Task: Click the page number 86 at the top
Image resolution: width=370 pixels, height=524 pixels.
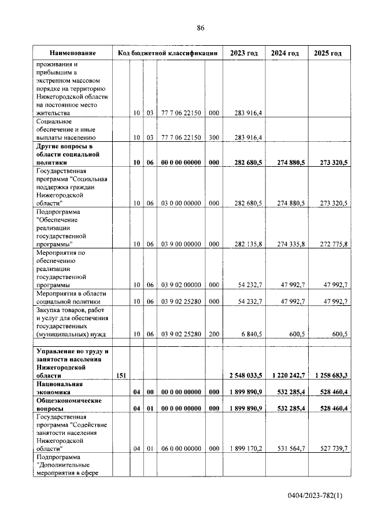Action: click(201, 27)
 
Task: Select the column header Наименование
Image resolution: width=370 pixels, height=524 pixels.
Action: click(72, 53)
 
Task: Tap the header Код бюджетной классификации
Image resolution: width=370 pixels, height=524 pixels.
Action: click(167, 53)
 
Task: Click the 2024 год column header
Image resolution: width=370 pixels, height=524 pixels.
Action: click(284, 53)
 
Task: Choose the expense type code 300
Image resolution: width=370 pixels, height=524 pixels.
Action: click(213, 138)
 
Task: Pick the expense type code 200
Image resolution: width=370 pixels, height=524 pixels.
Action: click(213, 334)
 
